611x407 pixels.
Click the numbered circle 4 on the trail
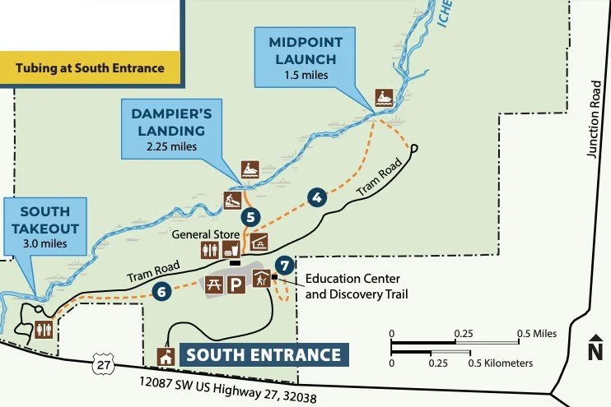point(315,197)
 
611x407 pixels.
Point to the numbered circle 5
point(252,218)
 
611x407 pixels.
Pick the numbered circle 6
point(161,290)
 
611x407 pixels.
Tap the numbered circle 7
point(285,265)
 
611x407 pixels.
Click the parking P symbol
point(236,285)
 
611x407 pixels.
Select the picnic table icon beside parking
point(212,285)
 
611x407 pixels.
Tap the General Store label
point(204,234)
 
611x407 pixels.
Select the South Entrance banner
point(263,355)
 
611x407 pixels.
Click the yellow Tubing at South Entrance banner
point(91,67)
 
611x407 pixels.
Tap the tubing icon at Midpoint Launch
point(384,97)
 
